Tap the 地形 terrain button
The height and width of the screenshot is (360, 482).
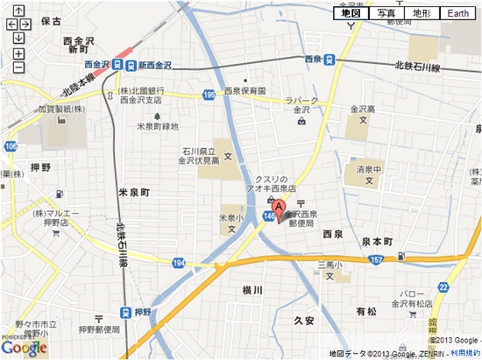click(421, 13)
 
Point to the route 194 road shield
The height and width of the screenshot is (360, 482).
click(179, 263)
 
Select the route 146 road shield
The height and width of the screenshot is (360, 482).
click(266, 213)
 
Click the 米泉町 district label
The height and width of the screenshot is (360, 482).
click(134, 191)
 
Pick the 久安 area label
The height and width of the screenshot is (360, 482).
click(303, 321)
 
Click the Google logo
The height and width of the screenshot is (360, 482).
click(24, 347)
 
